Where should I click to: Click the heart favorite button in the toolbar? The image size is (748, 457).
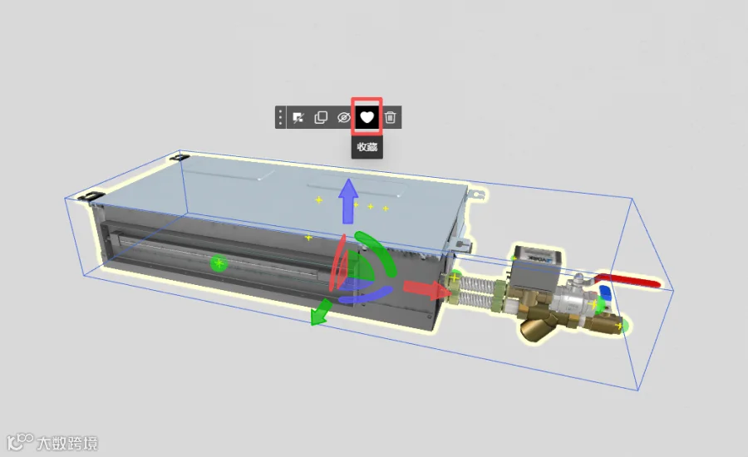[x=367, y=117]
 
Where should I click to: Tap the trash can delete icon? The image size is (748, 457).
[x=391, y=117]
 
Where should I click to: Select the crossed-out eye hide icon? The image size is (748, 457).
[x=343, y=117]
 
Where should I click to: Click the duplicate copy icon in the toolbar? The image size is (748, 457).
[x=321, y=117]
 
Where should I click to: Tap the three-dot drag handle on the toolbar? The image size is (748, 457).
[x=281, y=117]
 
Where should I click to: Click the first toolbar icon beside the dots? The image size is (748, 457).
[x=298, y=117]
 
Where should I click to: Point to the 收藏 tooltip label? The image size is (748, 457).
[x=367, y=147]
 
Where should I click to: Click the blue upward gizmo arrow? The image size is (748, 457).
[x=348, y=201]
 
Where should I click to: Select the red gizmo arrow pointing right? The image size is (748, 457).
[x=426, y=289]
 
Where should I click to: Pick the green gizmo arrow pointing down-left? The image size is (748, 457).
[x=321, y=312]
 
